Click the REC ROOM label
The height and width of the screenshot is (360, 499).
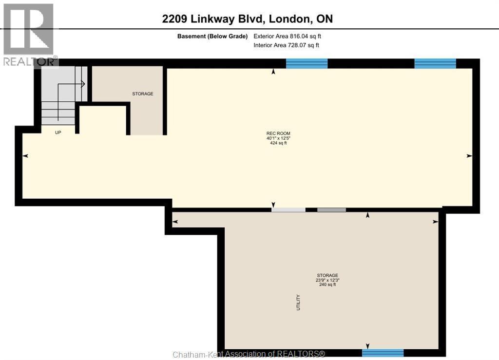pyautogui.click(x=278, y=133)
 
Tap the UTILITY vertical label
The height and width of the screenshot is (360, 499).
pyautogui.click(x=298, y=303)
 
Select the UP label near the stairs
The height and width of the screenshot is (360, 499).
pyautogui.click(x=58, y=133)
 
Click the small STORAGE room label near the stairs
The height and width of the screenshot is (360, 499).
pyautogui.click(x=143, y=94)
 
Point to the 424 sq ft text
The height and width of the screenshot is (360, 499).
pyautogui.click(x=278, y=143)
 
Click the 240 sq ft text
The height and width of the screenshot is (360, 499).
pyautogui.click(x=327, y=284)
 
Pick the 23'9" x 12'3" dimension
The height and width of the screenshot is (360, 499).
pyautogui.click(x=327, y=280)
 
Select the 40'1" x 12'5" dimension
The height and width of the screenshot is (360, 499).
pyautogui.click(x=278, y=138)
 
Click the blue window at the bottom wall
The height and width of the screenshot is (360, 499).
pyautogui.click(x=383, y=353)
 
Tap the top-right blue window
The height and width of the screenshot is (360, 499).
pyautogui.click(x=435, y=64)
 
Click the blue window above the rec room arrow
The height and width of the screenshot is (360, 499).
pyautogui.click(x=307, y=64)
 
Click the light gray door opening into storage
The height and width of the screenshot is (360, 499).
pyautogui.click(x=288, y=210)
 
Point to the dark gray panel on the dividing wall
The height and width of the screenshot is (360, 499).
pyautogui.click(x=331, y=210)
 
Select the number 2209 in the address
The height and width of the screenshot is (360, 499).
pyautogui.click(x=174, y=19)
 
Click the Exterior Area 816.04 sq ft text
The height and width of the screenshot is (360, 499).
pyautogui.click(x=287, y=36)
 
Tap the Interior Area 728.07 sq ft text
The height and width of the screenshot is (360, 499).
pyautogui.click(x=286, y=45)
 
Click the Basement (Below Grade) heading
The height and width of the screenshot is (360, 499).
pyautogui.click(x=212, y=36)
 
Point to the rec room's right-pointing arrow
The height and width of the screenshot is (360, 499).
pyautogui.click(x=469, y=156)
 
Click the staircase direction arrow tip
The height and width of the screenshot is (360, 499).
pyautogui.click(x=85, y=84)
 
